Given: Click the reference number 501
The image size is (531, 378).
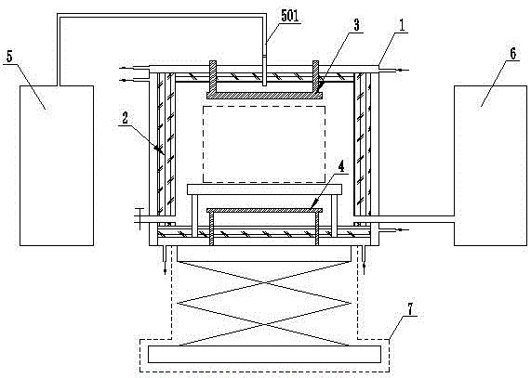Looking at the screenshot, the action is (x=290, y=16).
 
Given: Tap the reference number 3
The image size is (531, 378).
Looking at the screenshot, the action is (x=356, y=26).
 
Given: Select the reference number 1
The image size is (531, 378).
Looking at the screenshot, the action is (x=402, y=26).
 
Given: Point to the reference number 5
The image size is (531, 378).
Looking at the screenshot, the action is (x=9, y=57).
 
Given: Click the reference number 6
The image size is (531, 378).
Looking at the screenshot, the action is (x=512, y=54).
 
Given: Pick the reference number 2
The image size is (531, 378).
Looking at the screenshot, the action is (x=125, y=118).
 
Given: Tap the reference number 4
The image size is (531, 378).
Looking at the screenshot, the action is (x=340, y=167).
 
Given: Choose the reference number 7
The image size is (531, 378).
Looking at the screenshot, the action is (x=410, y=309).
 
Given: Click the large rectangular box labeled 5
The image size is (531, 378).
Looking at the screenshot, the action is (x=57, y=165).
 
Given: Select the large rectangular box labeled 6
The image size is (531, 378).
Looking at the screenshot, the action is (x=490, y=165).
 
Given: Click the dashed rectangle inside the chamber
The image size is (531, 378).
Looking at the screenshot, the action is (x=264, y=107).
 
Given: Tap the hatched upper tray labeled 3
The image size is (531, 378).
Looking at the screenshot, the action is (x=264, y=95).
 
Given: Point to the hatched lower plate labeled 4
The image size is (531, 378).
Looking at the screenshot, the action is (x=264, y=210).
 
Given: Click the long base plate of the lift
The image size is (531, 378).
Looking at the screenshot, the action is (x=264, y=354).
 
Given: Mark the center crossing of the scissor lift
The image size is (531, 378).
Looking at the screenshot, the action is (x=264, y=284).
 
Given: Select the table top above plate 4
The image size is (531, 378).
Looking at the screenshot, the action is (x=264, y=189).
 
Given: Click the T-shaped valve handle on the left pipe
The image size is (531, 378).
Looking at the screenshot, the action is (x=139, y=219).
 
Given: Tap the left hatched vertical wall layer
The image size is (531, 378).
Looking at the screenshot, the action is (x=161, y=145).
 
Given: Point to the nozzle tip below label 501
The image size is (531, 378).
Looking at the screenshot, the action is (x=264, y=85).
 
